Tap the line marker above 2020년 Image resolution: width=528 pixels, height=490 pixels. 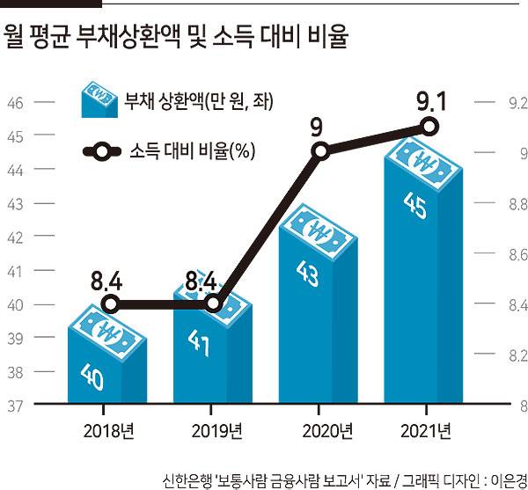click(321, 151)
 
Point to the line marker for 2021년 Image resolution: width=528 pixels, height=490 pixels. click(429, 127)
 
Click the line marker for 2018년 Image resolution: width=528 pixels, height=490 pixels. click(109, 304)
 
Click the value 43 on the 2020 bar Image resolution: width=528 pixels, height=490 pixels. click(310, 276)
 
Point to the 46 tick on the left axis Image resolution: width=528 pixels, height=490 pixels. click(15, 103)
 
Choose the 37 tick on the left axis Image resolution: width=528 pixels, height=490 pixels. click(15, 406)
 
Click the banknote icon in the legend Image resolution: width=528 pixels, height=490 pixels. click(99, 100)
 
